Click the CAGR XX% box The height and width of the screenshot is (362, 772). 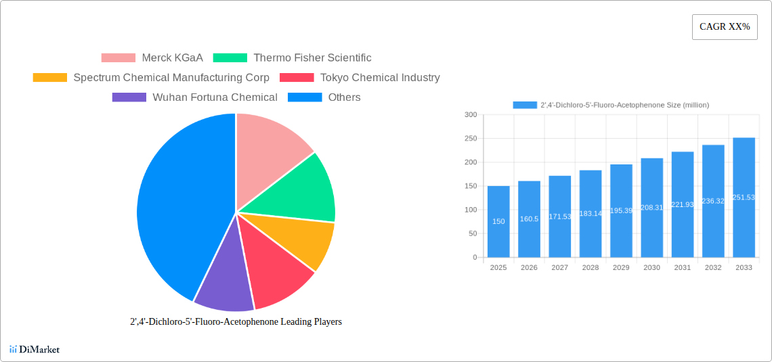pos(724,27)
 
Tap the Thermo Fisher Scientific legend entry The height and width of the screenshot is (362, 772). pos(292,58)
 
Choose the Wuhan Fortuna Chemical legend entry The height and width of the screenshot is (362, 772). pos(194,97)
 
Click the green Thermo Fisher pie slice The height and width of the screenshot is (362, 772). pos(305,189)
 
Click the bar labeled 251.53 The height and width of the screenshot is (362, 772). pos(744,197)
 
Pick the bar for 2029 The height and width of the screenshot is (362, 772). pos(621,210)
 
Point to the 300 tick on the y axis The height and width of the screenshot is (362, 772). pos(471,115)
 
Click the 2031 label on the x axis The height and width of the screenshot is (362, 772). pos(682,268)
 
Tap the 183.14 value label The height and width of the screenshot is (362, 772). pos(591,213)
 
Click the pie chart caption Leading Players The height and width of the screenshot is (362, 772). pos(236,322)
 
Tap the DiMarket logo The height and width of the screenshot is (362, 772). pos(35,349)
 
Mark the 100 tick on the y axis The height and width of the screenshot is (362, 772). pos(471,210)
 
